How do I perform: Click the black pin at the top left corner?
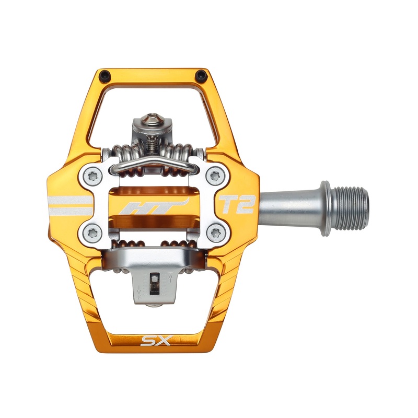point(104,74)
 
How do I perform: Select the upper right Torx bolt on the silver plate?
point(213,176)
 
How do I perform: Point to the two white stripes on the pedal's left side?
point(71,205)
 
